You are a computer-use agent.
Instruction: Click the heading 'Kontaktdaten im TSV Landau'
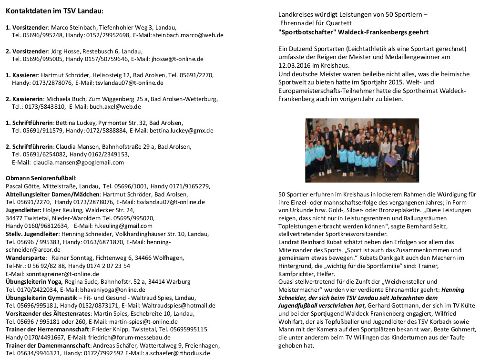54,10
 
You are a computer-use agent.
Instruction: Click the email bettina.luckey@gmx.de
181,130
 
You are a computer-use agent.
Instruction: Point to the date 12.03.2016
295,65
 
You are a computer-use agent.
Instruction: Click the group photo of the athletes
362,150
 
